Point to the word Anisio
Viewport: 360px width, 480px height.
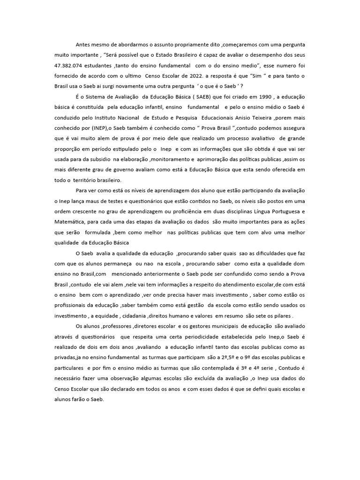[254, 118]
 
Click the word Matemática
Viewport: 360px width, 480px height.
[70, 222]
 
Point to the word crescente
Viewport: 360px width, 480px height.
[92, 211]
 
